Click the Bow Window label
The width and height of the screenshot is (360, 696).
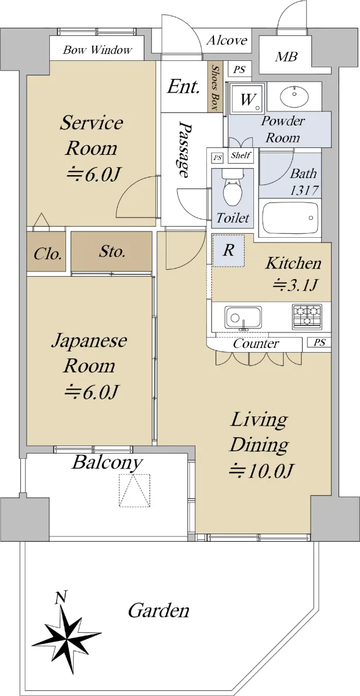(x=97, y=50)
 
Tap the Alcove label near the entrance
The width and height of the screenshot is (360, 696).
(x=227, y=41)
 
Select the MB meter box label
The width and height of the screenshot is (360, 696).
(x=286, y=57)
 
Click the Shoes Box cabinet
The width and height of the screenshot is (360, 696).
(x=215, y=87)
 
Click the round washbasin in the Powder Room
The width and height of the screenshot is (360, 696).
(x=294, y=96)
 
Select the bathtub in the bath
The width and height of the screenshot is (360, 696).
(x=290, y=218)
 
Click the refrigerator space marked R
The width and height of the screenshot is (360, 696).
(x=228, y=251)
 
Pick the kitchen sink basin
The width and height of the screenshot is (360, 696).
(x=243, y=317)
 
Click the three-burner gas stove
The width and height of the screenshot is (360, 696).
(x=307, y=317)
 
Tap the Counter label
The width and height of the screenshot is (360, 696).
(x=256, y=343)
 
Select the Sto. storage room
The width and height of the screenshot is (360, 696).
(x=111, y=251)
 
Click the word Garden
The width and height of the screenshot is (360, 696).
(x=158, y=610)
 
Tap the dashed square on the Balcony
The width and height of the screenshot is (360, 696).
(x=134, y=491)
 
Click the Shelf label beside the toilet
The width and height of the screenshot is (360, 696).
(x=241, y=155)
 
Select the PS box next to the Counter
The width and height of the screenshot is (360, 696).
(x=319, y=342)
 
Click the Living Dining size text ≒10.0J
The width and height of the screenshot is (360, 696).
(x=260, y=471)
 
